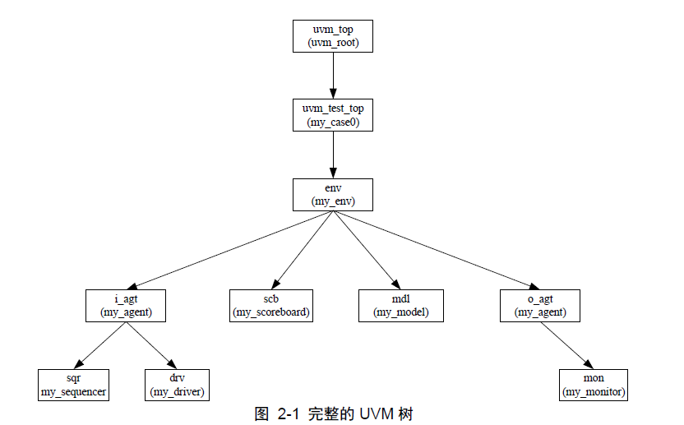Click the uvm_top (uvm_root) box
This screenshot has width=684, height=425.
333,36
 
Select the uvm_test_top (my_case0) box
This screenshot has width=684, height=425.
333,115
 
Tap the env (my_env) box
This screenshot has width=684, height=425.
333,194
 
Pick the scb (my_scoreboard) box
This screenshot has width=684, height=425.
272,306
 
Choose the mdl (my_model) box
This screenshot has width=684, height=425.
401,306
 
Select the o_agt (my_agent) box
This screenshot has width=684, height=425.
541,306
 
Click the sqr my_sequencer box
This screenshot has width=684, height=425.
74,385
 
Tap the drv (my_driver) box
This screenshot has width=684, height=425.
177,385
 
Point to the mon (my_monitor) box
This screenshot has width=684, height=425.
594,385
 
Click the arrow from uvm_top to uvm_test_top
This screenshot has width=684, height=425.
333,76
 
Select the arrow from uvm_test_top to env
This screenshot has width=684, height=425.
333,155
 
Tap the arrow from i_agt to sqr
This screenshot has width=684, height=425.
101,344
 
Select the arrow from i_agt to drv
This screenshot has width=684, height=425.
150,344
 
